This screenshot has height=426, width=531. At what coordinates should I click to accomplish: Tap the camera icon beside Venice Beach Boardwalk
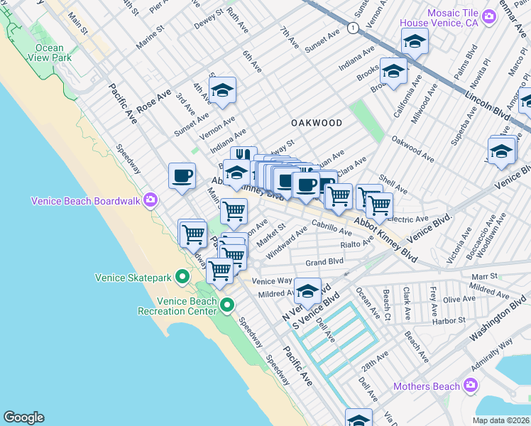coord(150,200)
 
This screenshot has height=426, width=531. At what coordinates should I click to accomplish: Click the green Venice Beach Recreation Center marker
coord(227,305)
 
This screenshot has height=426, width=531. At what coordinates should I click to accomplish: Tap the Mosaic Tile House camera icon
coord(488,16)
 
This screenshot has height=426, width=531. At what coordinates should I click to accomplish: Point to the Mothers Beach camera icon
coord(469,386)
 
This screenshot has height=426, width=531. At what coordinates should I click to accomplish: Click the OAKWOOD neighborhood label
coord(317,123)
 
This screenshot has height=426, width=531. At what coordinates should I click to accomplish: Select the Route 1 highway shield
coord(352,27)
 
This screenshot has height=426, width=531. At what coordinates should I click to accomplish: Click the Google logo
coord(23,417)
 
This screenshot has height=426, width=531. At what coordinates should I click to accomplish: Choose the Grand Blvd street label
coord(324,262)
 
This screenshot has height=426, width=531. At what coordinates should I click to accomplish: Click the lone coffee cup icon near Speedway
coord(182,175)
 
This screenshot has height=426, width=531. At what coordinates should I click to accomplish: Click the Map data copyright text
coord(501,420)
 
